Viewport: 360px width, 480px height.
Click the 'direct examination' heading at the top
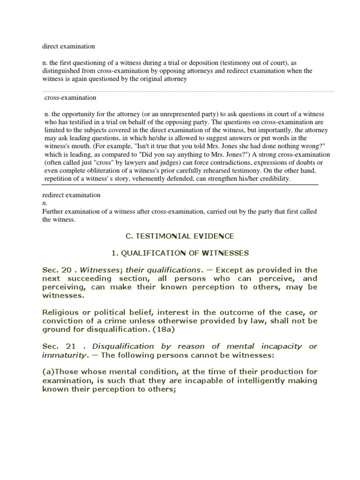point(68,46)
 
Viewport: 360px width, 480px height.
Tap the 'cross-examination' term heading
point(70,98)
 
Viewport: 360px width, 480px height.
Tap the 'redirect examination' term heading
point(71,195)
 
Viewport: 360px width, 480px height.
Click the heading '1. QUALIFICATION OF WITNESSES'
point(180,253)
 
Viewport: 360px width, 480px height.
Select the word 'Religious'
point(62,312)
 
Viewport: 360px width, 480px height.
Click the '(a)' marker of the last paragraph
point(48,372)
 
